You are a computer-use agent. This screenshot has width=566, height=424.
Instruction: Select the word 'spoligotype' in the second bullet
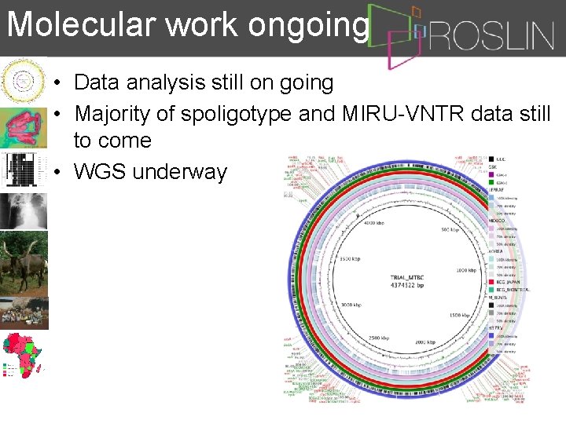pos(236,114)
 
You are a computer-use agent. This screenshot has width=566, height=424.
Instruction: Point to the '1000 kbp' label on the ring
pos(466,270)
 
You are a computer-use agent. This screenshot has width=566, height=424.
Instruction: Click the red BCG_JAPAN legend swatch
pos(491,281)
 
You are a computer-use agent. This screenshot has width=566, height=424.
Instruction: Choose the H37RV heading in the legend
pos(497,326)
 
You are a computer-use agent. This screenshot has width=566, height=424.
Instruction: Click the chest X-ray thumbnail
pos(23,210)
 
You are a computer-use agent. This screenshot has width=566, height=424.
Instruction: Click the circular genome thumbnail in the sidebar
pos(23,79)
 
